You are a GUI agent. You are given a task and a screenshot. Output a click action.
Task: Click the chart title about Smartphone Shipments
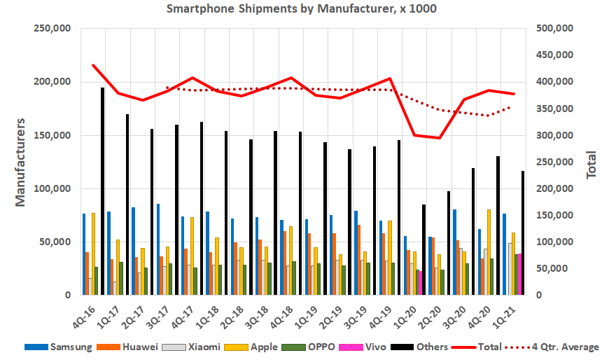(304, 9)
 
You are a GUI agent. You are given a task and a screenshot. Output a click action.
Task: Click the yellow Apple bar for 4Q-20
(489, 252)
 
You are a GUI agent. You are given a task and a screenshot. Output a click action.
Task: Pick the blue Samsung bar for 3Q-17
(158, 249)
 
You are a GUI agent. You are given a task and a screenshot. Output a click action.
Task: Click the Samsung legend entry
(59, 346)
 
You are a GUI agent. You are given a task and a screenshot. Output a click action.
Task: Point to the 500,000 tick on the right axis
(555, 29)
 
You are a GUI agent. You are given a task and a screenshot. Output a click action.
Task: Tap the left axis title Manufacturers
(20, 162)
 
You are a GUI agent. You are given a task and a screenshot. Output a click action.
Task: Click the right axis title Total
(591, 164)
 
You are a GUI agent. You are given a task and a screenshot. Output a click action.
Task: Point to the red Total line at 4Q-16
(93, 65)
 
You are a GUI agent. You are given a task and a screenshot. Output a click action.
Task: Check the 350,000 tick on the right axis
(555, 109)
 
